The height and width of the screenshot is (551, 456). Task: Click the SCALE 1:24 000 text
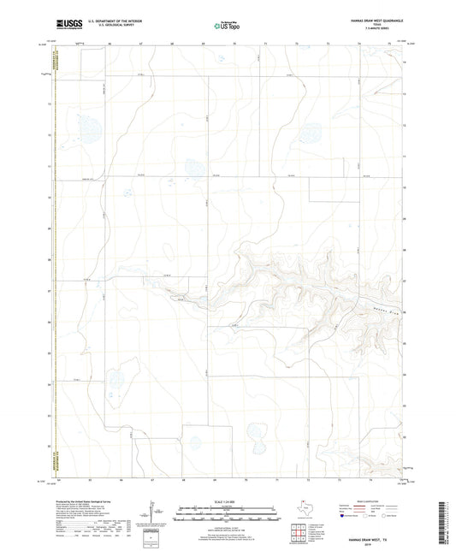pyautogui.click(x=227, y=502)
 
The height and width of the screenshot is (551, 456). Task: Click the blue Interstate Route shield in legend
pyautogui.click(x=345, y=517)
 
